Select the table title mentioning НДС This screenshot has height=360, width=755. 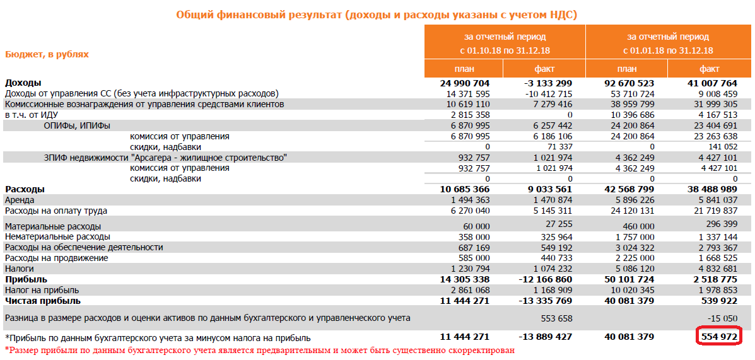pyautogui.click(x=377, y=15)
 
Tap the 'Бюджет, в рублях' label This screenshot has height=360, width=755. pyautogui.click(x=47, y=54)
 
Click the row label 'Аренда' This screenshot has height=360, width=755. pyautogui.click(x=20, y=200)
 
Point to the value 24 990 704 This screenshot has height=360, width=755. pyautogui.click(x=465, y=83)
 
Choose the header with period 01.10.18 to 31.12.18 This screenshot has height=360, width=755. pyautogui.click(x=505, y=44)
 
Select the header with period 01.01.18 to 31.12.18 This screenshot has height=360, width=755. pyautogui.click(x=668, y=44)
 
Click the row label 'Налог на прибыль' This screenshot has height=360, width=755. pyautogui.click(x=42, y=290)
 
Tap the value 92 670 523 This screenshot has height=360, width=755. pyautogui.click(x=628, y=83)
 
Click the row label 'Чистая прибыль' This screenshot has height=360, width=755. pyautogui.click(x=38, y=301)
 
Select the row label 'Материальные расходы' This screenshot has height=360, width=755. pyautogui.click(x=53, y=226)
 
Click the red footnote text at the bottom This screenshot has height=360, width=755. pyautogui.click(x=259, y=350)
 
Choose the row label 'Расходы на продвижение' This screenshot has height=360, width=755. pyautogui.click(x=56, y=258)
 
